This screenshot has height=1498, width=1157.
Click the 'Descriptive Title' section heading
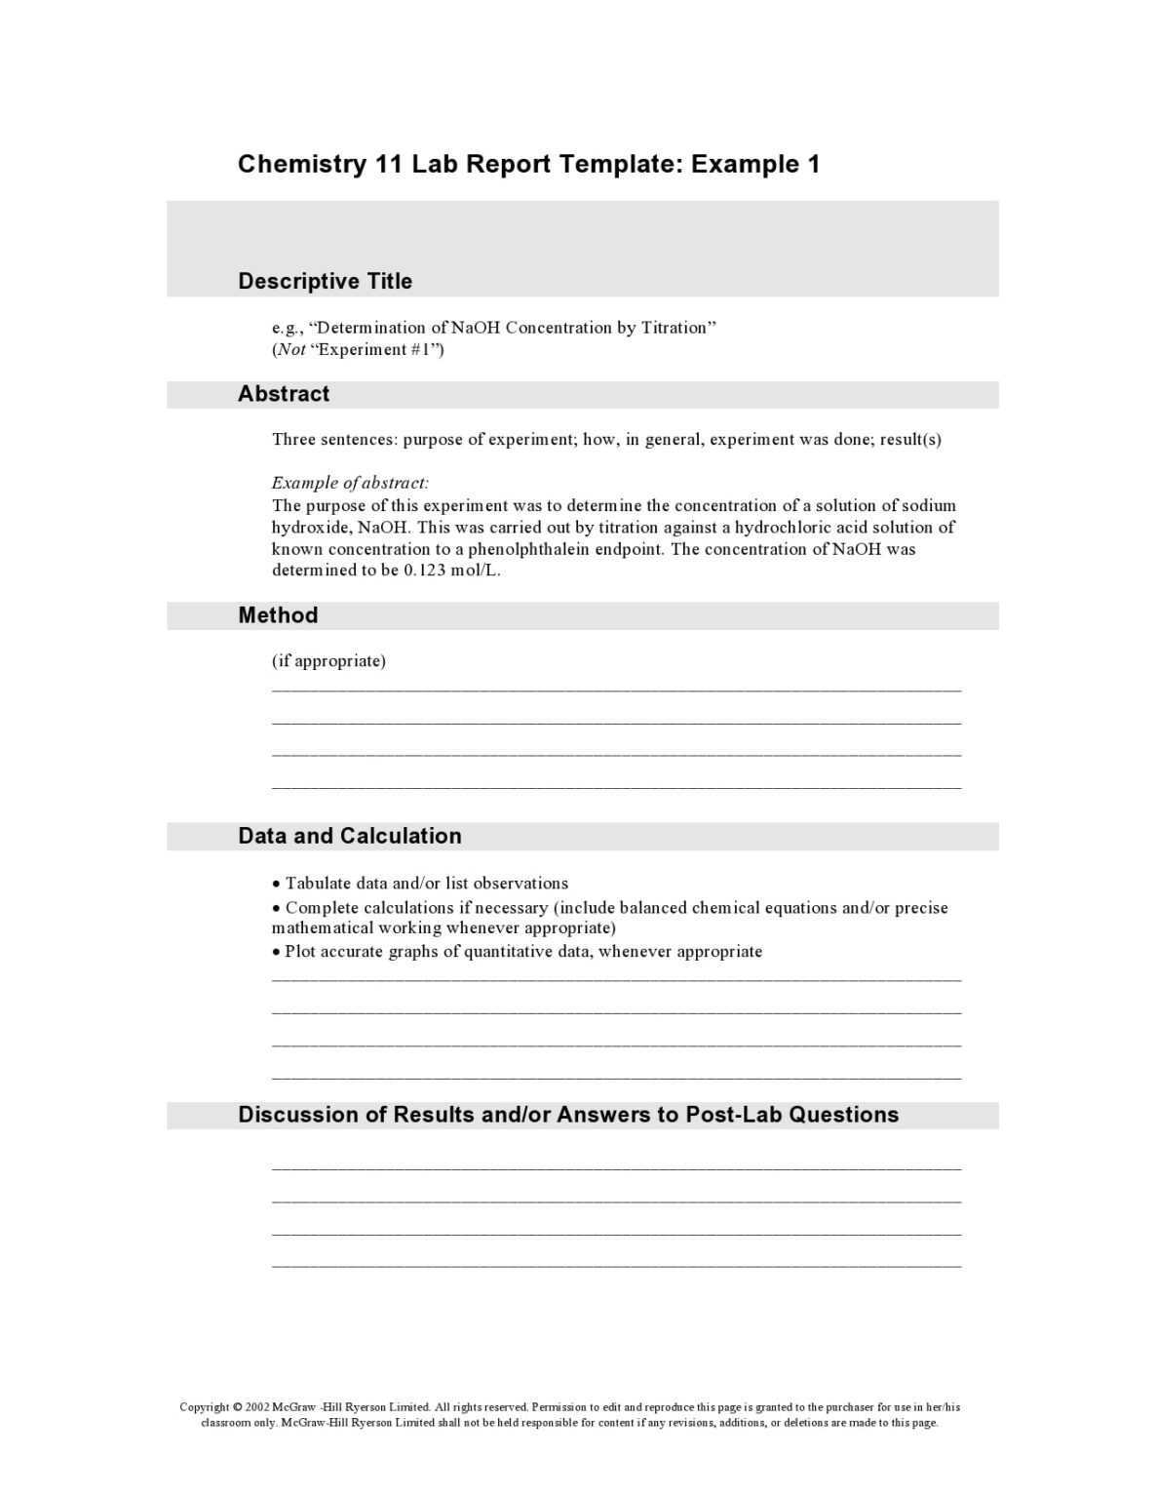coord(325,281)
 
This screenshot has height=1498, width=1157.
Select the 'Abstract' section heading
coord(284,394)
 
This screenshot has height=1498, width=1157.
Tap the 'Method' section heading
coord(278,615)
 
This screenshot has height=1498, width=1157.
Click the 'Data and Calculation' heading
coord(349,836)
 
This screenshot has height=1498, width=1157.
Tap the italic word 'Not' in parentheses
coord(291,349)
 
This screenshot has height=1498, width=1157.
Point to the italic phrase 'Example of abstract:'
coord(350,483)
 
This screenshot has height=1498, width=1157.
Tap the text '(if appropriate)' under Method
coord(328,661)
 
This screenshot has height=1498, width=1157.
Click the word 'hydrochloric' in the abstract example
coord(782,528)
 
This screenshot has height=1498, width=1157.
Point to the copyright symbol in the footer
coord(238,1406)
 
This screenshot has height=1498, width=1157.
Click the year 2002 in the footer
coord(257,1406)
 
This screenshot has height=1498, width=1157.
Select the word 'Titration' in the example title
coord(677,328)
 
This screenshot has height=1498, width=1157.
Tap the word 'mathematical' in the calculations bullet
coord(322,927)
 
